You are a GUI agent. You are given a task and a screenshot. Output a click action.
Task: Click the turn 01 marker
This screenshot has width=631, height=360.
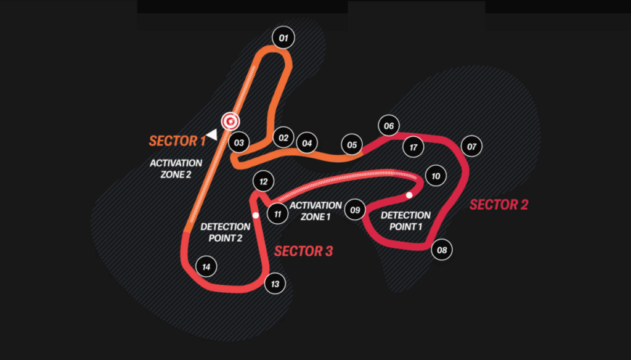tap(283, 38)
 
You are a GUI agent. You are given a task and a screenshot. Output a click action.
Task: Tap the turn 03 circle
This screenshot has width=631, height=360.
tap(239, 143)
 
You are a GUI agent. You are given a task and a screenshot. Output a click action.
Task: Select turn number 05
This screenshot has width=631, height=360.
tap(352, 145)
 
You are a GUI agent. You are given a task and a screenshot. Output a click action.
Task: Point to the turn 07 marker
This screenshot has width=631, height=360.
tap(472, 147)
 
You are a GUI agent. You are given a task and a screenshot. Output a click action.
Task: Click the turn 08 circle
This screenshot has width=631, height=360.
tap(442, 250)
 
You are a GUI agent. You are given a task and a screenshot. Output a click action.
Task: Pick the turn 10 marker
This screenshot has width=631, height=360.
tap(436, 176)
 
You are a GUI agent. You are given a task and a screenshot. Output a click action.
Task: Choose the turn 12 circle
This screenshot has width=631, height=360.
tap(263, 182)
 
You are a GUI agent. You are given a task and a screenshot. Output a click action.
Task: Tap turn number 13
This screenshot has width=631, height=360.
tap(275, 284)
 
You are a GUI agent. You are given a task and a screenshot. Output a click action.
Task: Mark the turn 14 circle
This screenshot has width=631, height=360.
tap(206, 267)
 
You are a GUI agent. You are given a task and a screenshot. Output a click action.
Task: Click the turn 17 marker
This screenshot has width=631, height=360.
tap(413, 147)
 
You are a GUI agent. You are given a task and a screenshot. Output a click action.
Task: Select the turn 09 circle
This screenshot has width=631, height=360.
tap(355, 210)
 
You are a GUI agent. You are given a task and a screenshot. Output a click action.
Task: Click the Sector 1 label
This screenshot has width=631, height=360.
tap(177, 141)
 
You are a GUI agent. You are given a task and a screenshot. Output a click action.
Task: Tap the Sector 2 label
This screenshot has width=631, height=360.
tap(499, 205)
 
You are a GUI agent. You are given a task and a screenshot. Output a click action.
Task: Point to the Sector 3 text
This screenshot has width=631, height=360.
tap(303, 251)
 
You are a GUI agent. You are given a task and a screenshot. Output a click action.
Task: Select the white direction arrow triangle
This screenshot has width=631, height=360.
tap(212, 134)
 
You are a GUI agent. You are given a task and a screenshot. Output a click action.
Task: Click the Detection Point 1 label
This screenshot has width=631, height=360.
tap(405, 220)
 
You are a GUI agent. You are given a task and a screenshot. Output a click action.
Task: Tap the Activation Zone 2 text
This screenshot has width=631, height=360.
tap(176, 168)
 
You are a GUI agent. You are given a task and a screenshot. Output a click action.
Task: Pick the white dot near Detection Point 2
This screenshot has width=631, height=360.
tap(255, 215)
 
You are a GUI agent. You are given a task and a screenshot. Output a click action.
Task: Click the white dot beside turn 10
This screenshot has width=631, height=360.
tap(409, 195)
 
